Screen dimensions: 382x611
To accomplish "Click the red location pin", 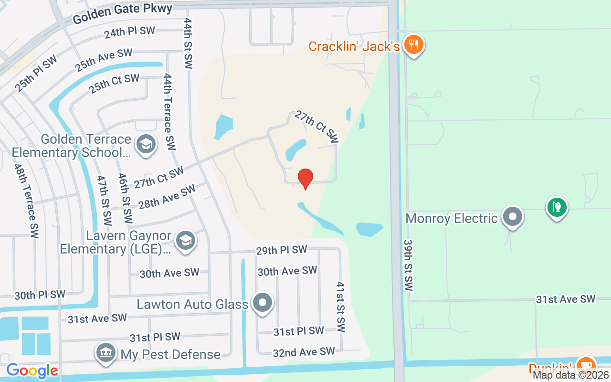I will tap(305, 179).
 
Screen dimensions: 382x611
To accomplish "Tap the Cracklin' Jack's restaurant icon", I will tap(413, 45).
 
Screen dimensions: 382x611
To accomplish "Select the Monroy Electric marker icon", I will tap(513, 217).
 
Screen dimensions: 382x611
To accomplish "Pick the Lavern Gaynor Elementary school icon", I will tap(185, 241).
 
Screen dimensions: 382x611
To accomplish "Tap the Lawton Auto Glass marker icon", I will tap(262, 303).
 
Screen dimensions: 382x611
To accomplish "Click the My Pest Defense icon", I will tap(106, 353).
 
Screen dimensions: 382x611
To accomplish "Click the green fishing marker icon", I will tap(557, 207).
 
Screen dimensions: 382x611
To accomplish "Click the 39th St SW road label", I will tap(408, 265).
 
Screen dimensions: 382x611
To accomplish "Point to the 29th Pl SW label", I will tap(282, 250).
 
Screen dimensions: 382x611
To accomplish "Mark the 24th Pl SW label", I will tap(130, 32).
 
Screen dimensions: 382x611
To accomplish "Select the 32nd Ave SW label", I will tap(304, 352).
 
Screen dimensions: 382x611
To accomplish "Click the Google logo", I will tap(32, 371).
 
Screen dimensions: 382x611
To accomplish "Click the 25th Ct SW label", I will tap(115, 84).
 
